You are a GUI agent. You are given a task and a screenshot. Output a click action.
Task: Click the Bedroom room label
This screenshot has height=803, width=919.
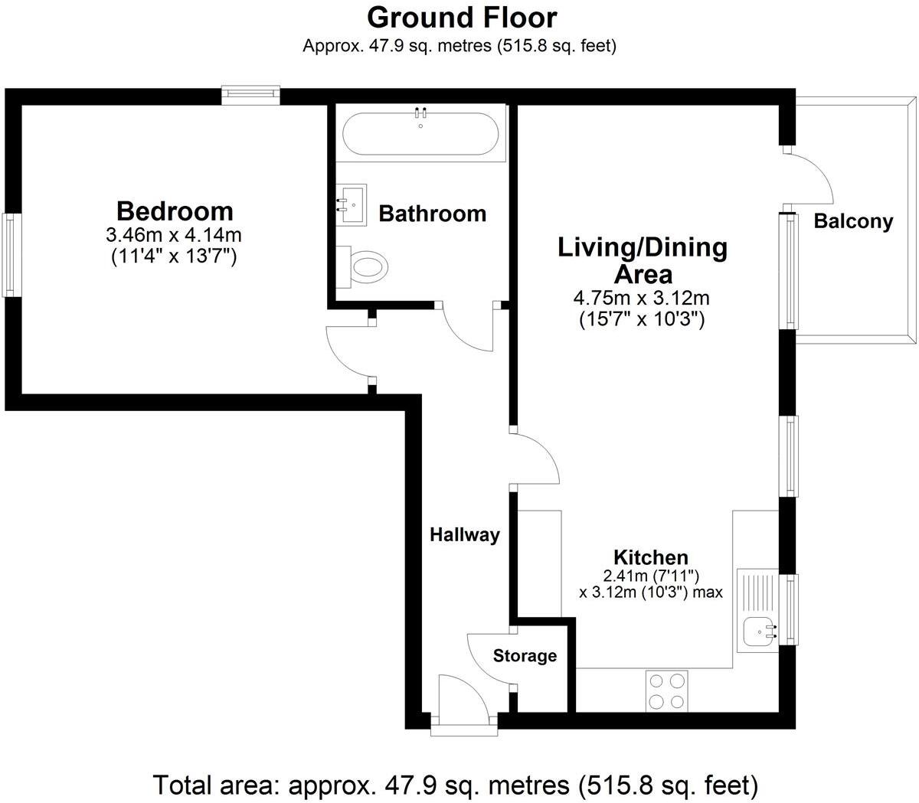tap(175, 211)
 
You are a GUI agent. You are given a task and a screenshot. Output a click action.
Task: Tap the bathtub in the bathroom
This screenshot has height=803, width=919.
tap(420, 133)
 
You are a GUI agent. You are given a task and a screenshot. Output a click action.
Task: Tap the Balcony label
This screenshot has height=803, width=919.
tap(853, 222)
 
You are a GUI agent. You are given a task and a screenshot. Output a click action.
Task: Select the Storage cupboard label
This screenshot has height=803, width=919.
tap(525, 656)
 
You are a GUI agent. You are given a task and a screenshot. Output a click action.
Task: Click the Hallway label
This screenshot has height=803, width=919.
tap(464, 535)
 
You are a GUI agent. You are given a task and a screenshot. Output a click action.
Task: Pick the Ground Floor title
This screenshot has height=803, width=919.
tap(462, 17)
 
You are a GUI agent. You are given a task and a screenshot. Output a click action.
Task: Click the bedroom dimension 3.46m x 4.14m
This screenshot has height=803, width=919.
tap(174, 235)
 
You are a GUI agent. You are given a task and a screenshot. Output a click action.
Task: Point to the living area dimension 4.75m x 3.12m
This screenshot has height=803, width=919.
tap(642, 298)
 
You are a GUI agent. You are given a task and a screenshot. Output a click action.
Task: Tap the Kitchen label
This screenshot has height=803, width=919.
tap(651, 557)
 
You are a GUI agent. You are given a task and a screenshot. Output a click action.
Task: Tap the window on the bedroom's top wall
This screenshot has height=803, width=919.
tap(250, 94)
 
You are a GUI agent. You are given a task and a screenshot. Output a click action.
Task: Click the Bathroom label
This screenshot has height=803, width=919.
tap(433, 214)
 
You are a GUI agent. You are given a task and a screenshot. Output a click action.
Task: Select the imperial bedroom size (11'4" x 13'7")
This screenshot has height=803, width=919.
tap(174, 256)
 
